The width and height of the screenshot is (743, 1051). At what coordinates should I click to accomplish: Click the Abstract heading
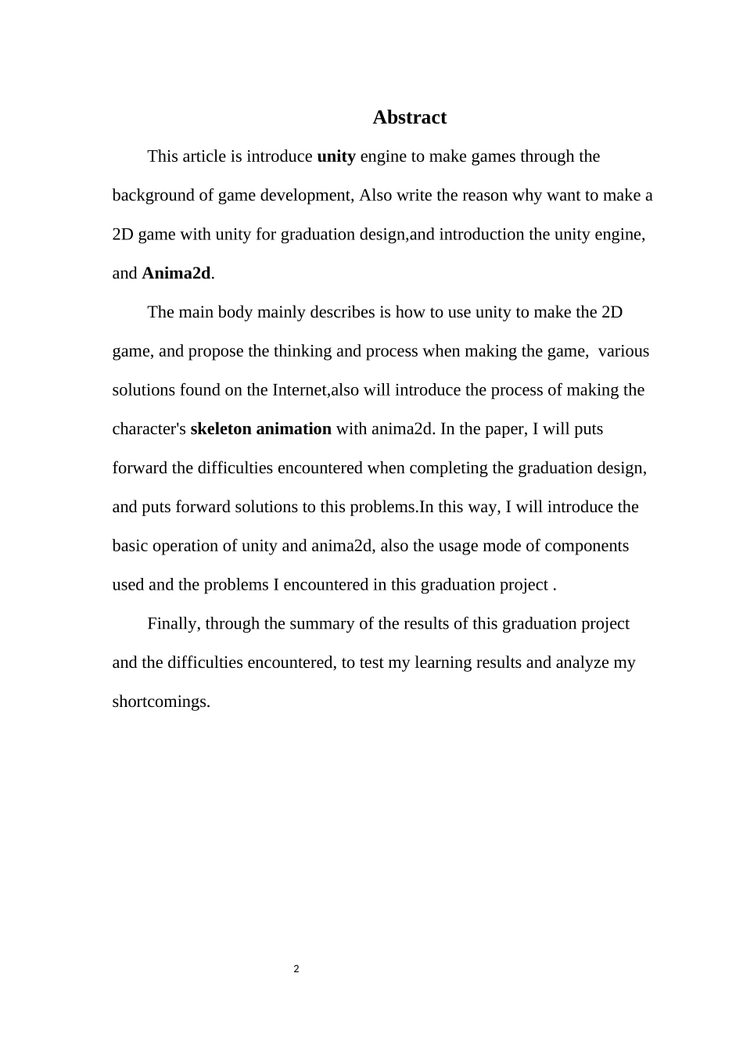click(409, 117)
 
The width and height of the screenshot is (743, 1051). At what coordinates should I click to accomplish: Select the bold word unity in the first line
click(336, 156)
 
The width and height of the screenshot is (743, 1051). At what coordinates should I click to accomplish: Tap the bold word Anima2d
click(176, 273)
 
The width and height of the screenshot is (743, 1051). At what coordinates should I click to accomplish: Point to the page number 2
click(296, 970)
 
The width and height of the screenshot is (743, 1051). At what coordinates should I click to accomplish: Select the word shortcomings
click(160, 701)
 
